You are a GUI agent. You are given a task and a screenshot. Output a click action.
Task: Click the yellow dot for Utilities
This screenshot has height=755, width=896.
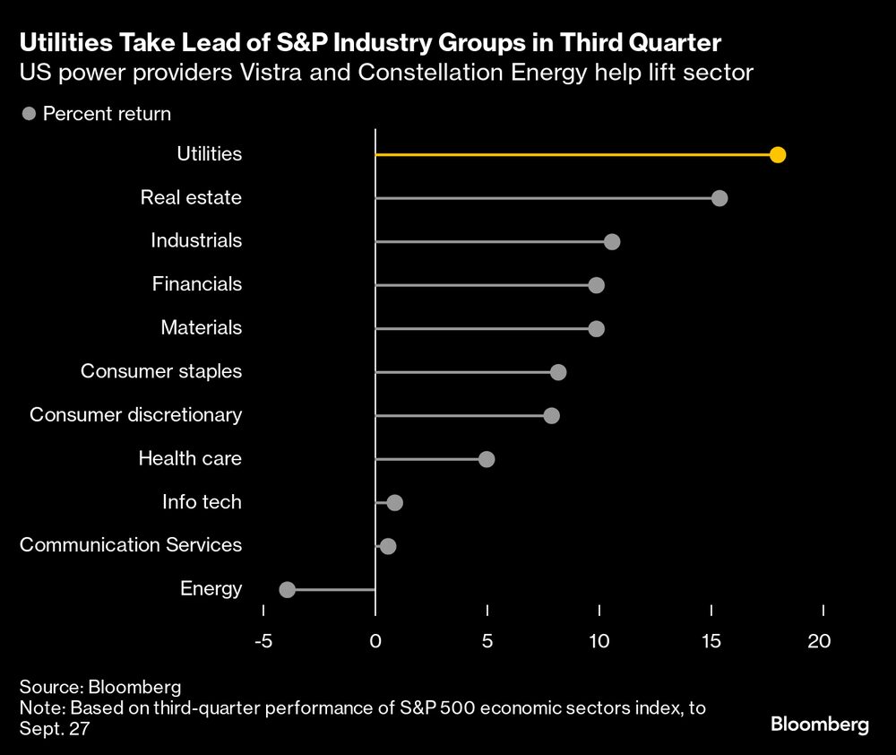[x=778, y=155]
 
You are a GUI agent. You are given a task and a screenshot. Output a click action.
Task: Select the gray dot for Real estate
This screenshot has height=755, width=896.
[x=719, y=198]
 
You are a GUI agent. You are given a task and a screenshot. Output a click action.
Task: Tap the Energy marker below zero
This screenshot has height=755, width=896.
[x=287, y=589]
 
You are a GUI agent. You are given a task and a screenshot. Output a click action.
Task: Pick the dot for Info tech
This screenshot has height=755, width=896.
[x=394, y=502]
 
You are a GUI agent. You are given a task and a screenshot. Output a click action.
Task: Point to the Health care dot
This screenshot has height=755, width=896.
[x=487, y=459]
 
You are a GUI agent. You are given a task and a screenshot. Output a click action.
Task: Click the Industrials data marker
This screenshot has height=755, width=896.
[x=612, y=242]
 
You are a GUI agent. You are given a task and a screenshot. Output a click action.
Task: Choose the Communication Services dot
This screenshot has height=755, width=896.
[x=387, y=546]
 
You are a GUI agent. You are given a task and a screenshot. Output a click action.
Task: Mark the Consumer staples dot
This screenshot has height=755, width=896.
[x=558, y=372]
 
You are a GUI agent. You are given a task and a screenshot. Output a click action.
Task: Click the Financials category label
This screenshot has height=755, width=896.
[x=196, y=284]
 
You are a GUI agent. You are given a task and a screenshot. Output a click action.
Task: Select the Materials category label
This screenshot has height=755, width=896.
[x=201, y=327]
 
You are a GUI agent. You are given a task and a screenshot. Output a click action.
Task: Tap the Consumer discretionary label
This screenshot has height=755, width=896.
[x=135, y=414]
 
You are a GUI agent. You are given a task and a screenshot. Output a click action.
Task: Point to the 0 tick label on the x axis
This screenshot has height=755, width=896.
[x=375, y=641]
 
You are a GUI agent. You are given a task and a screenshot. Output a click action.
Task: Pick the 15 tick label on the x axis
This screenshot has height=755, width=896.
[x=711, y=641]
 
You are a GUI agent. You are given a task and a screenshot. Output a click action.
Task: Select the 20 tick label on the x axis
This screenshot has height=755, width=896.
[x=819, y=641]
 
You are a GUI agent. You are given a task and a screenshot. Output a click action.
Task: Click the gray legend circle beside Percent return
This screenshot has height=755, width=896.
[x=29, y=114]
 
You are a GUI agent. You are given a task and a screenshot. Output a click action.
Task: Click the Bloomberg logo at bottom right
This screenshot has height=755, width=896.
[x=820, y=725]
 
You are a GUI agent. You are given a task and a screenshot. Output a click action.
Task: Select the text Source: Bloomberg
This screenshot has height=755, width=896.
[x=100, y=687]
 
